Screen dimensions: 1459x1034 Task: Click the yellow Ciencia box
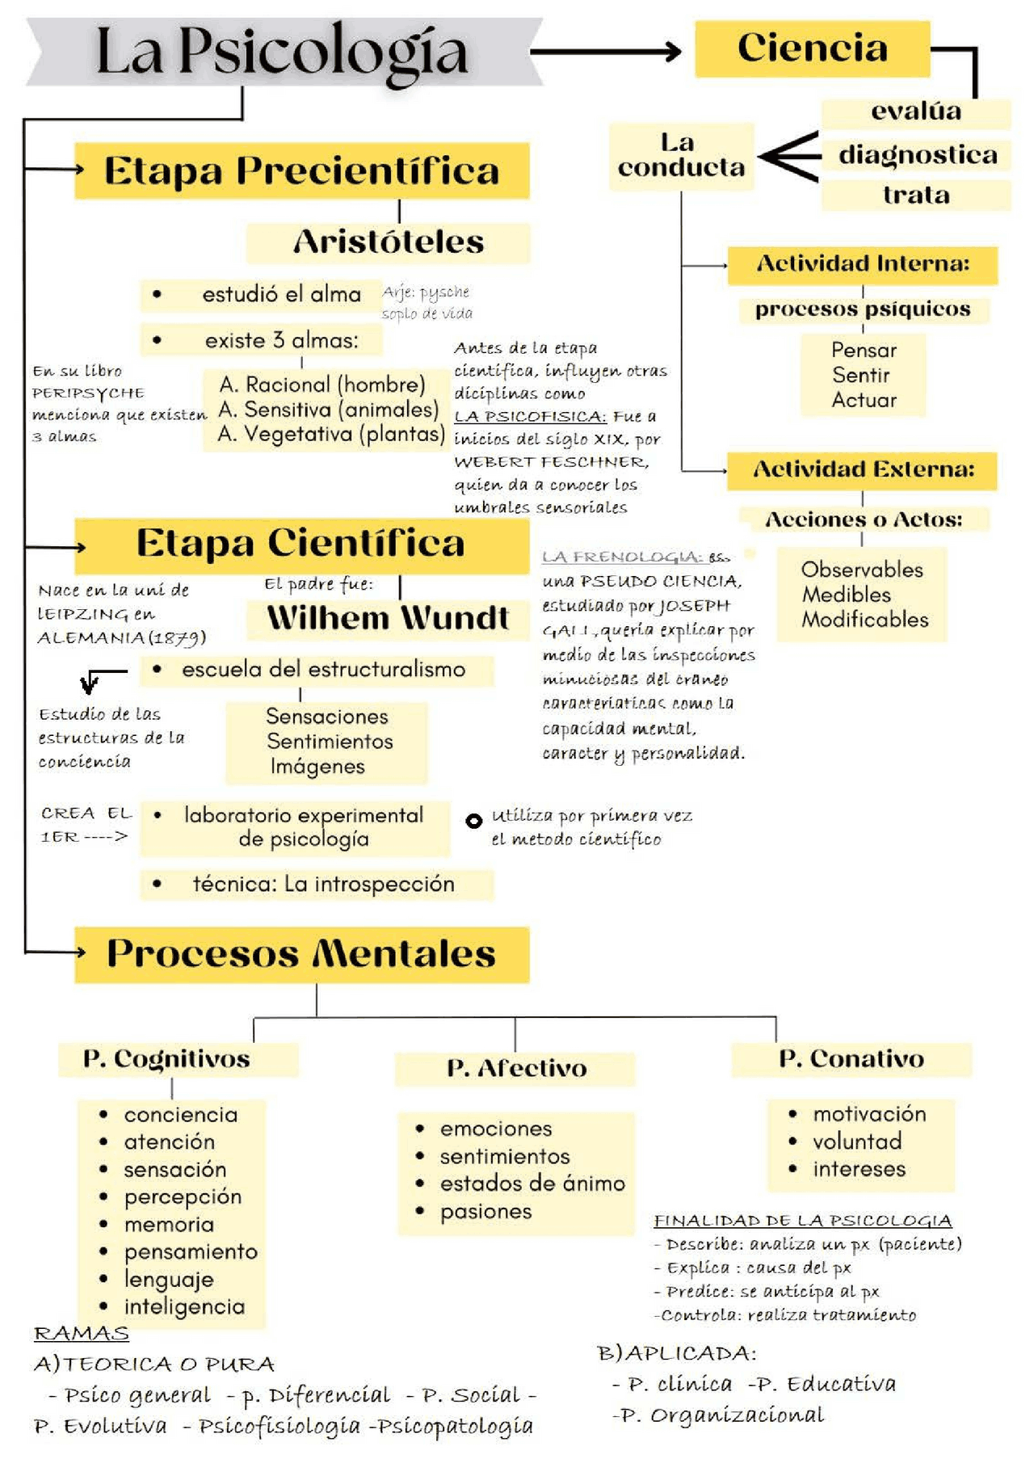812,48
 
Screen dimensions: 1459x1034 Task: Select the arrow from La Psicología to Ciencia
606,52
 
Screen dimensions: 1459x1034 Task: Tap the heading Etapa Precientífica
301,171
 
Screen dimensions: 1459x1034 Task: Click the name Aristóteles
389,242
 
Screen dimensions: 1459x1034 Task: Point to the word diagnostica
917,154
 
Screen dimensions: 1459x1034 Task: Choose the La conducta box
681,156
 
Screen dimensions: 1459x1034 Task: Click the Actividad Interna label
862,264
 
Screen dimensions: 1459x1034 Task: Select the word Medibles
846,595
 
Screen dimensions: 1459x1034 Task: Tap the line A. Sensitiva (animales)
328,410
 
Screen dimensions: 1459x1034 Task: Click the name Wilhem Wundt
388,618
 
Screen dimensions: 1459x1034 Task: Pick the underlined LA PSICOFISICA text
529,417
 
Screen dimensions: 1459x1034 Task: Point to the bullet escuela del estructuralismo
323,670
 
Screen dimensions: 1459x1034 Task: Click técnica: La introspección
323,884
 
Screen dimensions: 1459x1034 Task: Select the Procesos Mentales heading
301,954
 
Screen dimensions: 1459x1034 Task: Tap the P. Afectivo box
516,1068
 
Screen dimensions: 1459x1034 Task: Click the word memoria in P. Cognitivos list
169,1225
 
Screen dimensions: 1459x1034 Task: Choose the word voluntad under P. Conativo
856,1142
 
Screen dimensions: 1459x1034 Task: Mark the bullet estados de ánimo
532,1184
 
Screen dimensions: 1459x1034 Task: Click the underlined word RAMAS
81,1333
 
